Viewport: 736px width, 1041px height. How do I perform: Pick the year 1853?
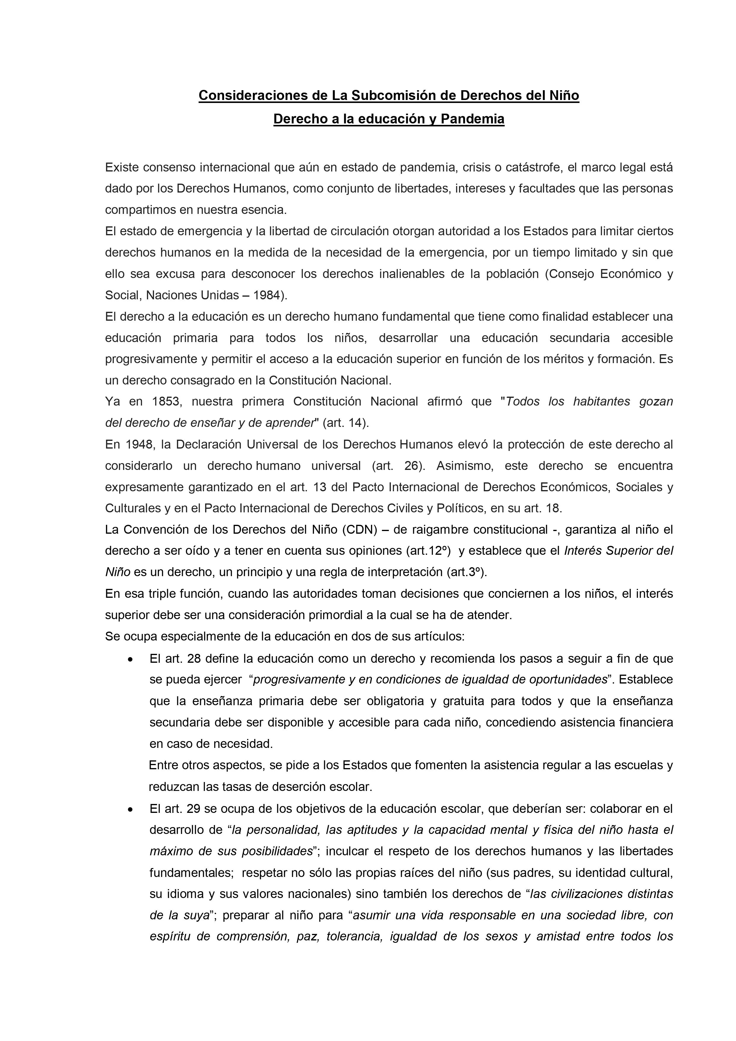pyautogui.click(x=166, y=401)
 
